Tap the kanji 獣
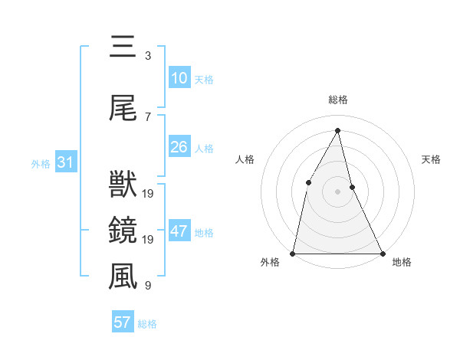tap(123, 185)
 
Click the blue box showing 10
tap(179, 78)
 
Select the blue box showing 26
tap(179, 147)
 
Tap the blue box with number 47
tap(179, 231)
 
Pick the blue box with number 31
tap(65, 162)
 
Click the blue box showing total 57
tap(122, 322)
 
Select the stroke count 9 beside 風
tap(147, 286)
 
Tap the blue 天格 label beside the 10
tap(204, 80)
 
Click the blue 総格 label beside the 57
tap(147, 324)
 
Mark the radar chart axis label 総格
tap(337, 100)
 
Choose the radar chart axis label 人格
tap(245, 159)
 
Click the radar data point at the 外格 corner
tap(293, 253)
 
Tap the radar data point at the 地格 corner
tap(382, 253)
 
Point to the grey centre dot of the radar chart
tap(337, 191)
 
